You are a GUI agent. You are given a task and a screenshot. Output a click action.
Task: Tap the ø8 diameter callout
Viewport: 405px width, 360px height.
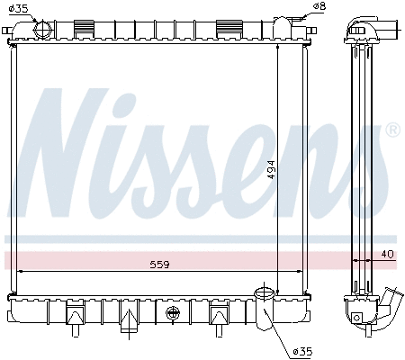pos(319,8)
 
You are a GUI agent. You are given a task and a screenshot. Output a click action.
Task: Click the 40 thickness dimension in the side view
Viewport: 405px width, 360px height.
pos(387,254)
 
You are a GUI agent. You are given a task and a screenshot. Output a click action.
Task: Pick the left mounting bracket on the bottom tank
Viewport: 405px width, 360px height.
pos(75,314)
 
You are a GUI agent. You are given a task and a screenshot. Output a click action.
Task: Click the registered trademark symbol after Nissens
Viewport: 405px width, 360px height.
pos(392,130)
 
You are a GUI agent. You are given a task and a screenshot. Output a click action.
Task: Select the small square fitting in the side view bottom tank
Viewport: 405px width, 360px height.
pos(357,317)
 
